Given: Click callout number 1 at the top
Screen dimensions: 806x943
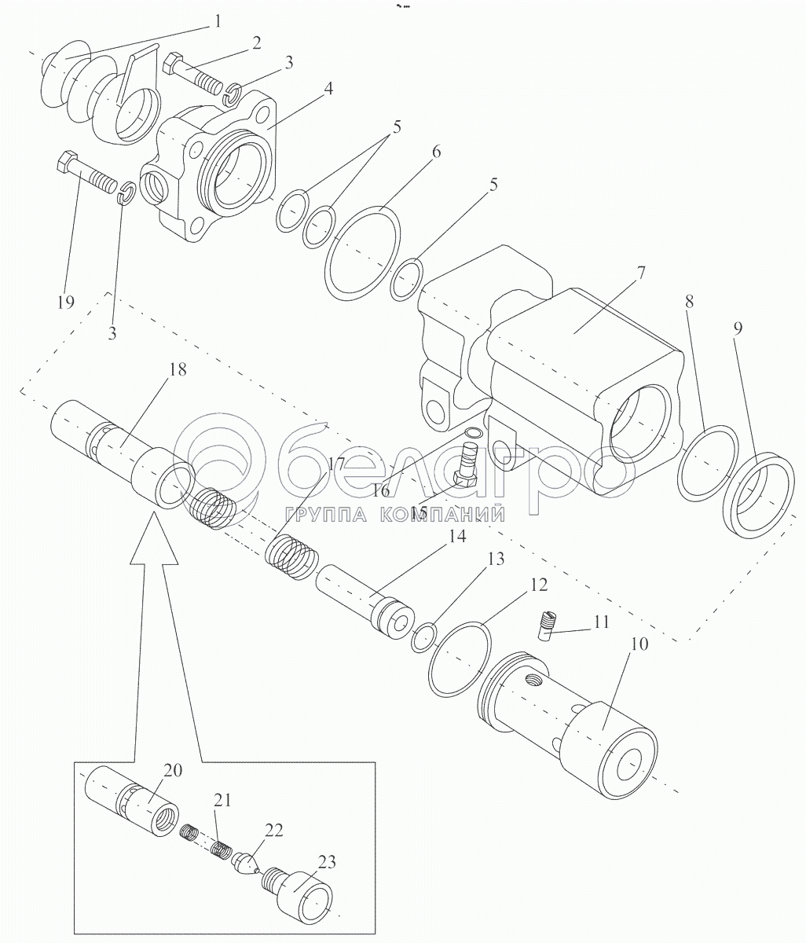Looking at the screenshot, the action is (218, 21).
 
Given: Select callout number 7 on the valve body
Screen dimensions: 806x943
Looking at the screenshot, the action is (641, 273).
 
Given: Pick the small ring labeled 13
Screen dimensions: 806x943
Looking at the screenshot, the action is (424, 637).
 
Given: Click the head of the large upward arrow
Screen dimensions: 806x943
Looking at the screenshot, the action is (154, 538).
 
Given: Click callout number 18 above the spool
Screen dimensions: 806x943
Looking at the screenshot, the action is (177, 369).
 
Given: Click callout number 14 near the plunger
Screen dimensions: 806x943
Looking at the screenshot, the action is (457, 537).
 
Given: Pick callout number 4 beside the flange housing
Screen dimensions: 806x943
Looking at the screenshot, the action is (328, 88).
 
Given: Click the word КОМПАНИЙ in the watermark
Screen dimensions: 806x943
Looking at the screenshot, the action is (442, 515).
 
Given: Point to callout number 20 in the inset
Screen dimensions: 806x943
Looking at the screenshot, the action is (173, 770).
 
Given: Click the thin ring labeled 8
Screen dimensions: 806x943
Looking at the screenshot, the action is (708, 464).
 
